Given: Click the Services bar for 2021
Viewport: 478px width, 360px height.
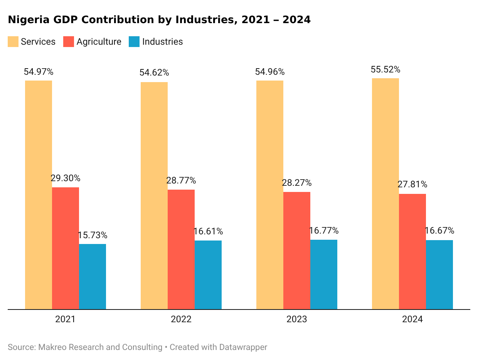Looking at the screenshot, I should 39,195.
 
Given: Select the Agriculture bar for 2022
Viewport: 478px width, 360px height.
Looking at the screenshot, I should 181,249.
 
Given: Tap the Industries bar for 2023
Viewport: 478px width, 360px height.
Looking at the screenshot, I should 324,274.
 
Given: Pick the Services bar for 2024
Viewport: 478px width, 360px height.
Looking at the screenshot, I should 385,193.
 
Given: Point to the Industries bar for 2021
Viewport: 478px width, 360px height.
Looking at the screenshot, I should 93,276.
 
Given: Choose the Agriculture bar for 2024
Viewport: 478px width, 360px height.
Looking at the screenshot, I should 412,251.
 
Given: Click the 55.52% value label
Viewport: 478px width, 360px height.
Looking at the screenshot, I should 385,70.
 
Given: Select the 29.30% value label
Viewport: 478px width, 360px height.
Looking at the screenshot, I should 66,178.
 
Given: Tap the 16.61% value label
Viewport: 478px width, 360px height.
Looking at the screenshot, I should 208,232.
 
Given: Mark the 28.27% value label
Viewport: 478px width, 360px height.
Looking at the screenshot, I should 297,183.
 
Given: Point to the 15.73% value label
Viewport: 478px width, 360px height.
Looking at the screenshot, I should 93,235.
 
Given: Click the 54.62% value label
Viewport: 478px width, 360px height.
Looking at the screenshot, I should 154,73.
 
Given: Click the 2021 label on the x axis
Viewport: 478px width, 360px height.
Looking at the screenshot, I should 66,320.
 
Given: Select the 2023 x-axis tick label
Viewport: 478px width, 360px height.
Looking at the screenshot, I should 297,320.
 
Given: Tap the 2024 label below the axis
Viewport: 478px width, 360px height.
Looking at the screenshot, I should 412,320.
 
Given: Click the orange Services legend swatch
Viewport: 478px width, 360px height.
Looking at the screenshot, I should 13,42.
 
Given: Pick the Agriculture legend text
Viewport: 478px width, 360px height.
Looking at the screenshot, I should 99,42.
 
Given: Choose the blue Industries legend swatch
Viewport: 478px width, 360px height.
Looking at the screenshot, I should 134,42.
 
